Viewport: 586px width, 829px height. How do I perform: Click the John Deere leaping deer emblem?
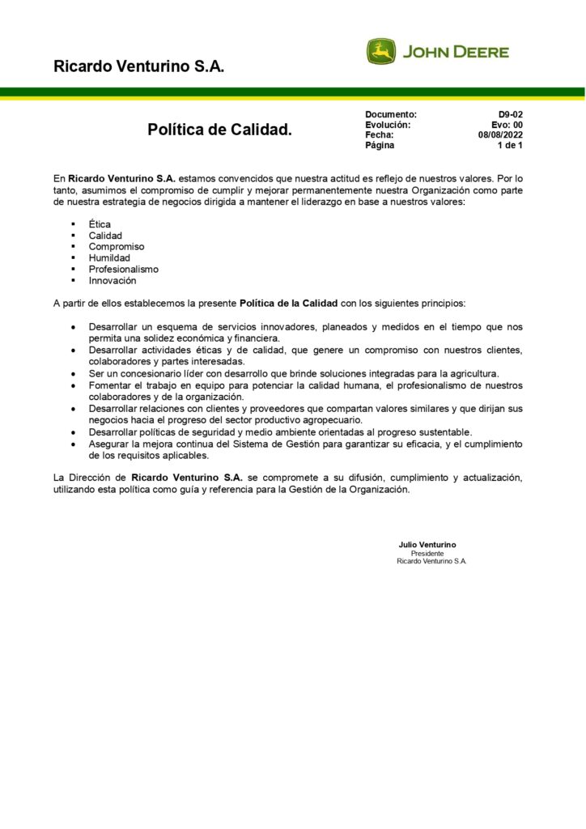381,52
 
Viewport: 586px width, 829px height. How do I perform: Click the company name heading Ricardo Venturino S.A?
138,66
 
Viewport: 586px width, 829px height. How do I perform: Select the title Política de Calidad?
219,130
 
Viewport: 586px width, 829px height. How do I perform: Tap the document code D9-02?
510,115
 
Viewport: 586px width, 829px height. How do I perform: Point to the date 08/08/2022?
500,135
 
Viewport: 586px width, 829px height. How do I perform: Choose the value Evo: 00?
507,125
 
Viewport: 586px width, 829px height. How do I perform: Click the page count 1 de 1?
509,146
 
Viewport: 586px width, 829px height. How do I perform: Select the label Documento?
391,115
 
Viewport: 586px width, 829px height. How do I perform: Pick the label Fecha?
380,135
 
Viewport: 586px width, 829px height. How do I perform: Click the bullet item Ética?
100,223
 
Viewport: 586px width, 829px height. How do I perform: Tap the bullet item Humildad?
109,257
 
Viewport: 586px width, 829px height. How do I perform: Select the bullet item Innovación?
113,280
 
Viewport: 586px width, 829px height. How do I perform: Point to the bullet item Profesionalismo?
123,269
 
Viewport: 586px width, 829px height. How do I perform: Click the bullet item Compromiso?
117,246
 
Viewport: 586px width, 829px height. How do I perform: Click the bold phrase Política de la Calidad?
288,304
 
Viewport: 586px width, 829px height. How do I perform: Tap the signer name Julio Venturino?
427,545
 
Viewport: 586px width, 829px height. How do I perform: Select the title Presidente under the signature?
427,553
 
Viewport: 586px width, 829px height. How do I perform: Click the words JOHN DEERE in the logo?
456,52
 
